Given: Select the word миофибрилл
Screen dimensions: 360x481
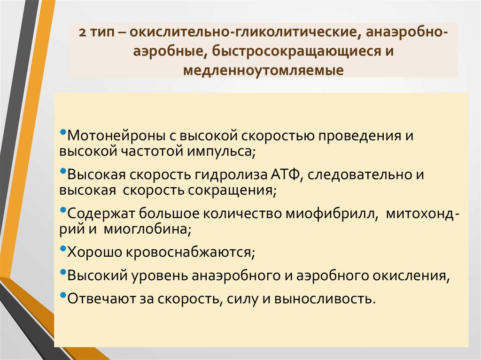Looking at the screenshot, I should point(332,214).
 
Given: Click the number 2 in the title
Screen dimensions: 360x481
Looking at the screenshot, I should point(82,34).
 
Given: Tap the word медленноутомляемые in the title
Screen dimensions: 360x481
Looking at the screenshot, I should point(263,70).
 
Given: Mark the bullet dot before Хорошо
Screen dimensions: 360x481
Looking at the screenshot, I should point(63,249).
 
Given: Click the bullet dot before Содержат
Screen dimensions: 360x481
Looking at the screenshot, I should point(63,211).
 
